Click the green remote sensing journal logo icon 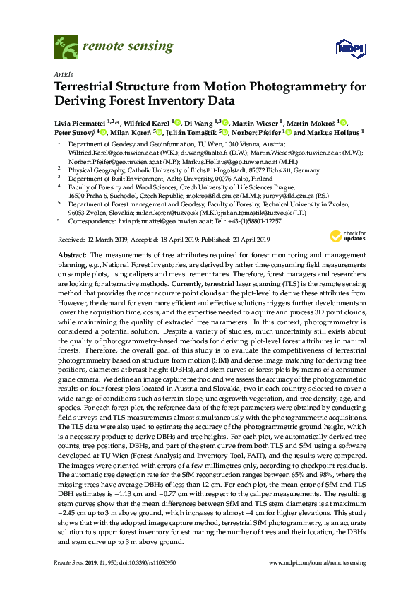(66, 48)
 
